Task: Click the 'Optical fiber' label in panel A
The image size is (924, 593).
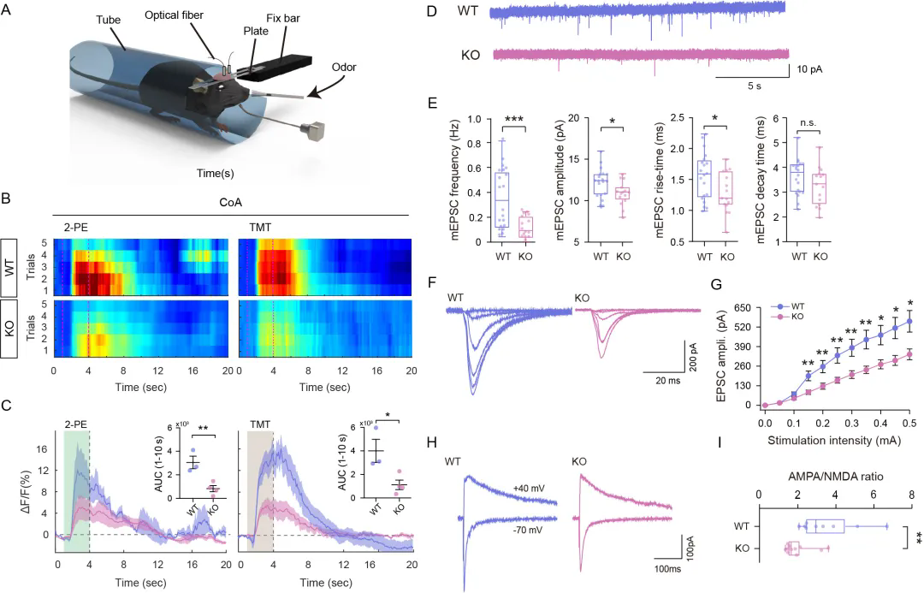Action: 174,15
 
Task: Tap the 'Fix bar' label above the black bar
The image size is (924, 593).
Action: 283,18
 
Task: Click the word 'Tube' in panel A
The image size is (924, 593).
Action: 109,20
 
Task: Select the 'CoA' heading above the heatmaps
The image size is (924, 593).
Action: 230,202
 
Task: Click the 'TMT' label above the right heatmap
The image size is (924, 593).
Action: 260,227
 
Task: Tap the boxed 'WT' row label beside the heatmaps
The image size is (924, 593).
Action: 9,268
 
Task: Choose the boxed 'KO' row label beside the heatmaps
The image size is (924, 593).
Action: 9,329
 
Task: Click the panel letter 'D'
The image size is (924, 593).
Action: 431,11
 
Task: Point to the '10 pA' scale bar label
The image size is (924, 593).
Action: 809,69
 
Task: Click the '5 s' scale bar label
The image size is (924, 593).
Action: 755,86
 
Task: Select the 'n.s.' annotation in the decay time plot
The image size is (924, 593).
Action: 808,122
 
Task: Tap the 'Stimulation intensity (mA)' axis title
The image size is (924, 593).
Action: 834,440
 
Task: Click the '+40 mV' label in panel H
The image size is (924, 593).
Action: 529,489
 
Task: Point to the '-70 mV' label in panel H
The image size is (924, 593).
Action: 527,530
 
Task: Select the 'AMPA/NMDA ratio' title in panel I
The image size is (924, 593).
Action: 836,477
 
